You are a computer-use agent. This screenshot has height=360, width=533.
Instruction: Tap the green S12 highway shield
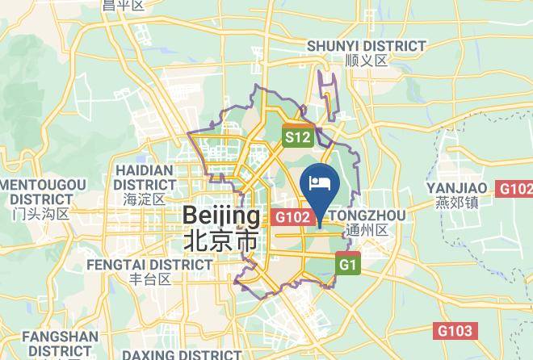tap(296, 137)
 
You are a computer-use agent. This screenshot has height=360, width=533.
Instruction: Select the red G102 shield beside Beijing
tap(292, 217)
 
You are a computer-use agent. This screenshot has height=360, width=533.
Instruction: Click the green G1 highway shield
tap(348, 265)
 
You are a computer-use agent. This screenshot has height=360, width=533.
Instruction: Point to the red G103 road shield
tap(455, 331)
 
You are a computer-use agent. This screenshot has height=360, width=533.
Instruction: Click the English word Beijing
tap(221, 216)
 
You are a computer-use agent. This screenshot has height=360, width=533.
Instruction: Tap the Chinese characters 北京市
tap(221, 240)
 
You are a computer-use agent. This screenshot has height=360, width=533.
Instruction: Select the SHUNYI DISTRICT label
tap(367, 46)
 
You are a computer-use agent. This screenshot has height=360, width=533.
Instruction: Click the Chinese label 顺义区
tap(367, 61)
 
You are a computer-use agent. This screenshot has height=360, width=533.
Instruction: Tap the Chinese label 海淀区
tap(145, 199)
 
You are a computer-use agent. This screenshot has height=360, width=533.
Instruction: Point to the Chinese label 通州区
tap(366, 229)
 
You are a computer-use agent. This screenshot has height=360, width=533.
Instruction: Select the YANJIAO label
tap(457, 188)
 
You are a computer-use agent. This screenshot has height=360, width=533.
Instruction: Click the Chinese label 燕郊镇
tap(457, 202)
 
